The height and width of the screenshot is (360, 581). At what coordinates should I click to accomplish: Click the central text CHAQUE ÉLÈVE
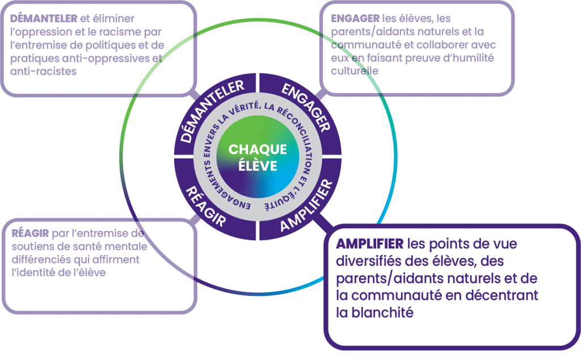(258, 157)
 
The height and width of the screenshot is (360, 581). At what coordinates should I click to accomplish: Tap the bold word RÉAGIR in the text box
(26, 234)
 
